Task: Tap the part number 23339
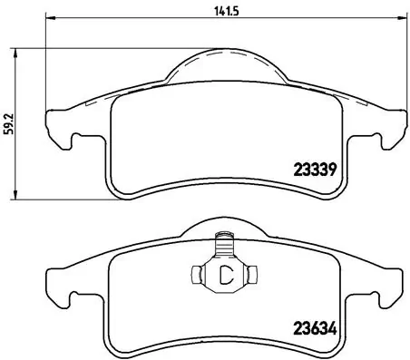314,169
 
